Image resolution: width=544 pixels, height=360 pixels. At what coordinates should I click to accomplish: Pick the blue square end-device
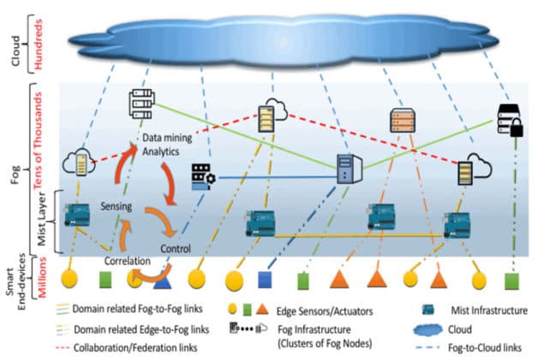265,279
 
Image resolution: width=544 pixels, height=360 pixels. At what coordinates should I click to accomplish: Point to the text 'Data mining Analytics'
160,143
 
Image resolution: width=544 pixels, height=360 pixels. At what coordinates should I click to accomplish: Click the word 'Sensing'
116,207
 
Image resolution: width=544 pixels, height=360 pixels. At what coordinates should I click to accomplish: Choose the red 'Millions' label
37,279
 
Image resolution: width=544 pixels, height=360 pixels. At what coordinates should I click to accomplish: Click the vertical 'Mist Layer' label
37,219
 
